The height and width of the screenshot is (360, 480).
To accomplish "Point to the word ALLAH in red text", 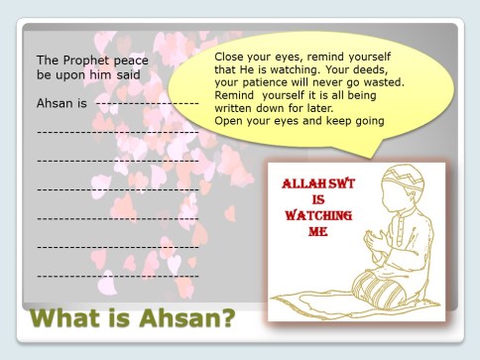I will (303, 184).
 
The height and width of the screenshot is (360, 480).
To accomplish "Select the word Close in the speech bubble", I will (231, 57).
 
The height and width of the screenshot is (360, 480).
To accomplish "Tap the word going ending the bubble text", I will (366, 121).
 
